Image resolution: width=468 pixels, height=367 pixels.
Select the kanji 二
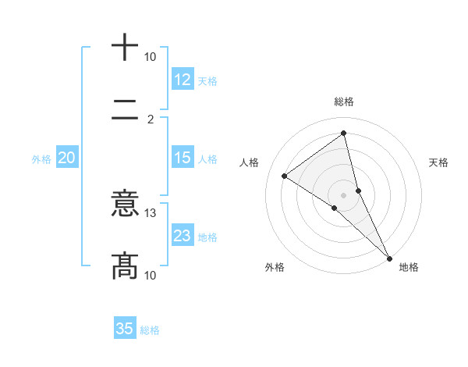pos(124,119)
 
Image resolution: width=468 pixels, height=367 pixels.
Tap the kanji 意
pos(124,205)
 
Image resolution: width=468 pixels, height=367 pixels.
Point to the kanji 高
pos(124,265)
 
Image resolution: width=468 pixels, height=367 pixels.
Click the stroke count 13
pos(151,212)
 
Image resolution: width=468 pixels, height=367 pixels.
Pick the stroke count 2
pos(151,119)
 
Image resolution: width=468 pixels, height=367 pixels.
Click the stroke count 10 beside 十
pos(151,57)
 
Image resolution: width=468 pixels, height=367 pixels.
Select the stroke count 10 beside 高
pos(151,274)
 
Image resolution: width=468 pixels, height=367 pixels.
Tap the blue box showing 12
pos(183,80)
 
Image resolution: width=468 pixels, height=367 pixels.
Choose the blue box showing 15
pos(183,158)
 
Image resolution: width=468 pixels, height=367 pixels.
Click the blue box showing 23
pos(183,236)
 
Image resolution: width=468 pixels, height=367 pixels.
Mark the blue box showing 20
pos(67,158)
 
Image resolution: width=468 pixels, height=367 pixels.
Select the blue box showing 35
pos(125,329)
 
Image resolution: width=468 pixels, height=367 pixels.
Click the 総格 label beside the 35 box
pos(150,330)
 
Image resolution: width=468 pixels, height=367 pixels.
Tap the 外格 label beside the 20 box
pos(41,159)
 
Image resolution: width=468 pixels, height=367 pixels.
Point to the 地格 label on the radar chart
pos(409,267)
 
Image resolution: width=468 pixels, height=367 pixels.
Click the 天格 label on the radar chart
pos(438,162)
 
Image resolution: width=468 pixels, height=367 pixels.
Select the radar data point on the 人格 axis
pos(284,176)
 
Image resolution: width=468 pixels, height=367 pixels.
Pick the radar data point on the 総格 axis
pos(343,134)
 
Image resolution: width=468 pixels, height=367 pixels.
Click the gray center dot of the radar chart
pos(343,194)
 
